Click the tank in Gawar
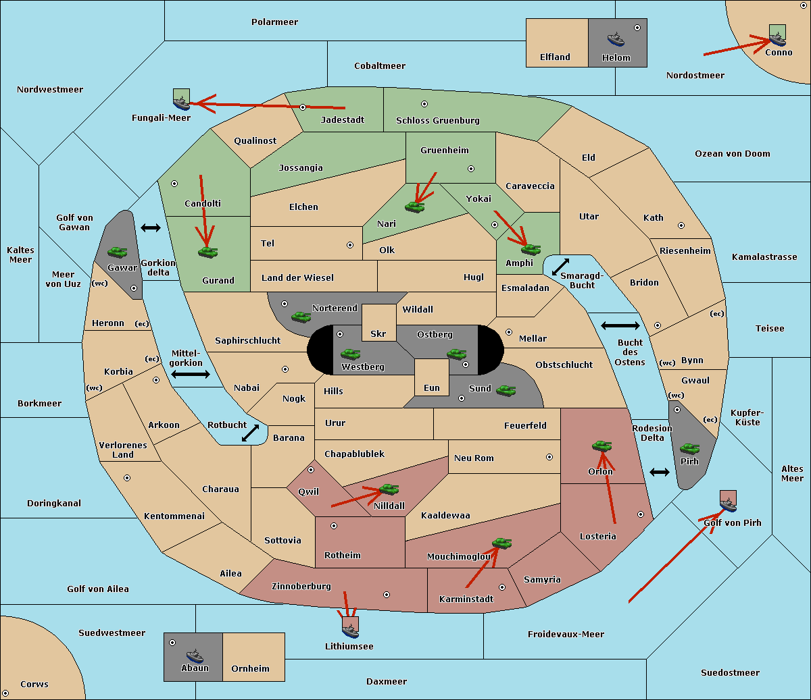(118, 252)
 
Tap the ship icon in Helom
(616, 38)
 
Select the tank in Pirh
(689, 448)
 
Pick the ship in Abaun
(195, 655)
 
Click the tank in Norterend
(301, 317)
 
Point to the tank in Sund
(506, 390)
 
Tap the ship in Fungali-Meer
(181, 103)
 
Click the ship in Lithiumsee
(350, 630)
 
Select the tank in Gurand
(207, 252)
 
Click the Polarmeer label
(274, 22)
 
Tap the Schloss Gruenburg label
(437, 120)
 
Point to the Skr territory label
(378, 333)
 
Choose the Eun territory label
(432, 387)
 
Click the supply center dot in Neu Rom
(549, 457)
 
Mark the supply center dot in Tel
(350, 245)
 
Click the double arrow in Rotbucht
(250, 433)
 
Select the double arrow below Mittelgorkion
(191, 374)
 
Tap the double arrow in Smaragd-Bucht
(560, 267)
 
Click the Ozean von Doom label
(732, 154)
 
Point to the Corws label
(34, 684)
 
